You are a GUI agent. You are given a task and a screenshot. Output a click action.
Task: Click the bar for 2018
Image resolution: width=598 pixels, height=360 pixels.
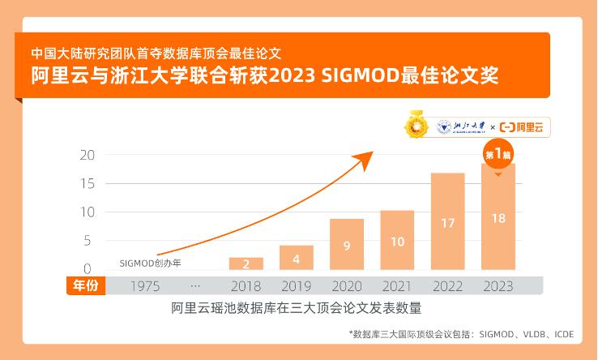coord(246,264)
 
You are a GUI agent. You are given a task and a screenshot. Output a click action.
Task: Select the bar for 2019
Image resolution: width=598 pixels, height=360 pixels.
coord(296,257)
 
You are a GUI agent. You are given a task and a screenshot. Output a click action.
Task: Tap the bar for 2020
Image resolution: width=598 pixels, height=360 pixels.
coord(346,244)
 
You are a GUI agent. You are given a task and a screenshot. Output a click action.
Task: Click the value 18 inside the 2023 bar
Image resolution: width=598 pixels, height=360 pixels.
coord(498,217)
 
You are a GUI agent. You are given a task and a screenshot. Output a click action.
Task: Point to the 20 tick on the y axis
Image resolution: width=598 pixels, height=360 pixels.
coord(87,155)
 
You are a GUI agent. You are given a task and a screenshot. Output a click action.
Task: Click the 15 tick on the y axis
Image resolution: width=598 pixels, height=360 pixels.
coord(87,183)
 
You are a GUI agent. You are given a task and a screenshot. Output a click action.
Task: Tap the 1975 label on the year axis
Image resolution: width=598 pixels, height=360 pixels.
coord(144,285)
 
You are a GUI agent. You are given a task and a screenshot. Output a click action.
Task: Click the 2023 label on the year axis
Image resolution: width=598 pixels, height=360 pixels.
coord(498,285)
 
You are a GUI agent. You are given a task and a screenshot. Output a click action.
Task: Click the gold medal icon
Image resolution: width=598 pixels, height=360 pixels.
coord(418,126)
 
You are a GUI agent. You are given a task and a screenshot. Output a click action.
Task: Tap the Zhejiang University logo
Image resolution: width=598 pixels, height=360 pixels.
coord(461,127)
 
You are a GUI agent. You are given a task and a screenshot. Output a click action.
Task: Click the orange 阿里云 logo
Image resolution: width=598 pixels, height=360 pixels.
coord(523,127)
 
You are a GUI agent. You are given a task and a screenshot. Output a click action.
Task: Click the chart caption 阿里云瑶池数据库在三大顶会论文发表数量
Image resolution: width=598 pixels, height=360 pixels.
coord(296,308)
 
